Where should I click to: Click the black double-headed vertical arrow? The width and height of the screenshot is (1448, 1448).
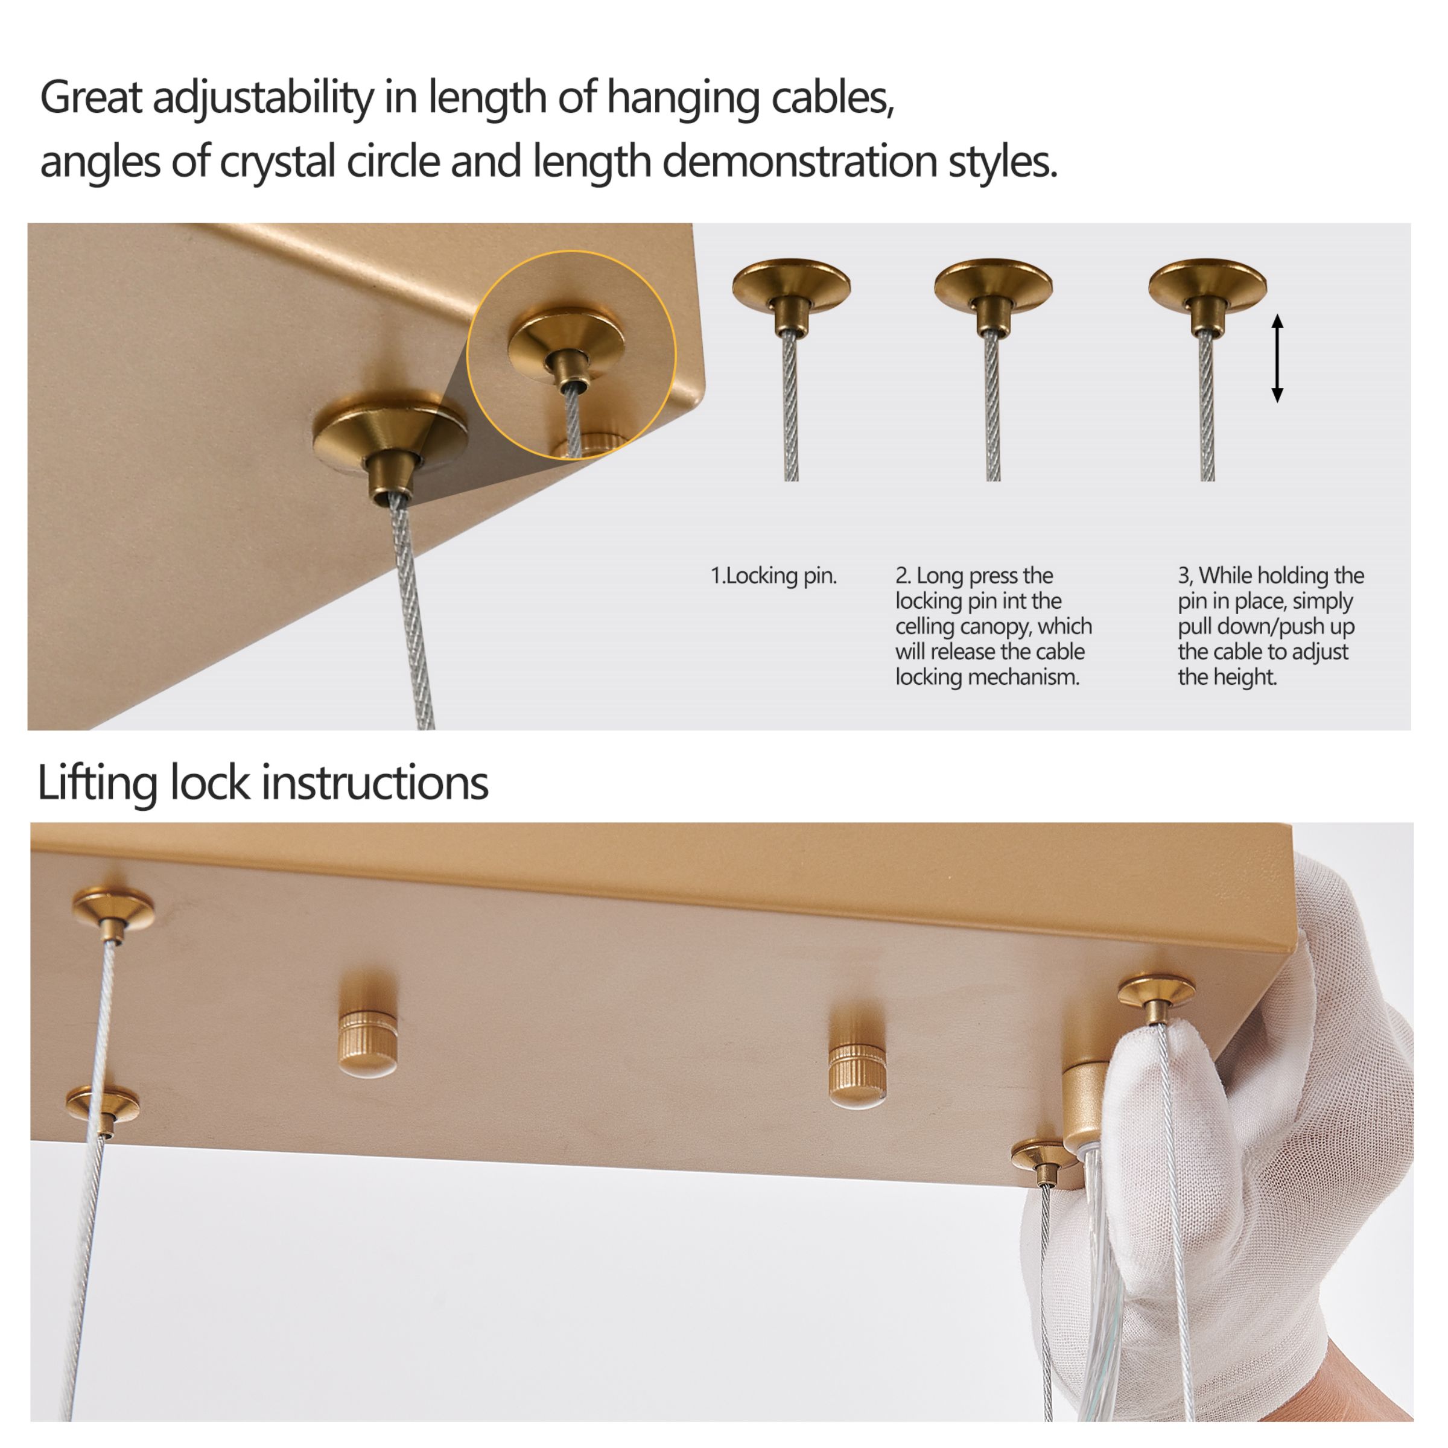click(1277, 358)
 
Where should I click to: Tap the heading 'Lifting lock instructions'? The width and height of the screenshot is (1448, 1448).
click(262, 783)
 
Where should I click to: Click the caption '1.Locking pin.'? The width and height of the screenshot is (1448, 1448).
click(773, 576)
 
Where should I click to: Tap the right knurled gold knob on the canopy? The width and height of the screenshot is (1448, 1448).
click(857, 1073)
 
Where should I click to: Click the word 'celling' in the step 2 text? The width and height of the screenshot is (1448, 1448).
click(923, 627)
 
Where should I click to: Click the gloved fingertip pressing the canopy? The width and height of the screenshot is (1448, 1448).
click(1139, 1049)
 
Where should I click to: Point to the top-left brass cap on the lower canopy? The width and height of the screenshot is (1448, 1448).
click(113, 910)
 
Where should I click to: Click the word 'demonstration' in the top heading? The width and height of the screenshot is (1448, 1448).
click(799, 161)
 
